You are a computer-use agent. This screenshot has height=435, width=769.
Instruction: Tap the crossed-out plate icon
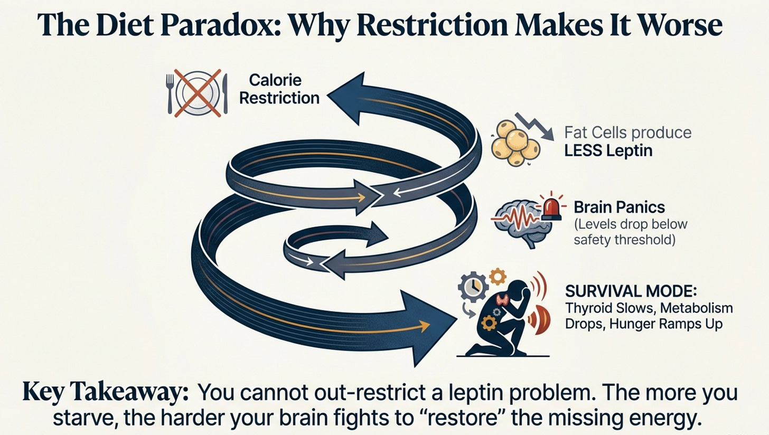(197, 93)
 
